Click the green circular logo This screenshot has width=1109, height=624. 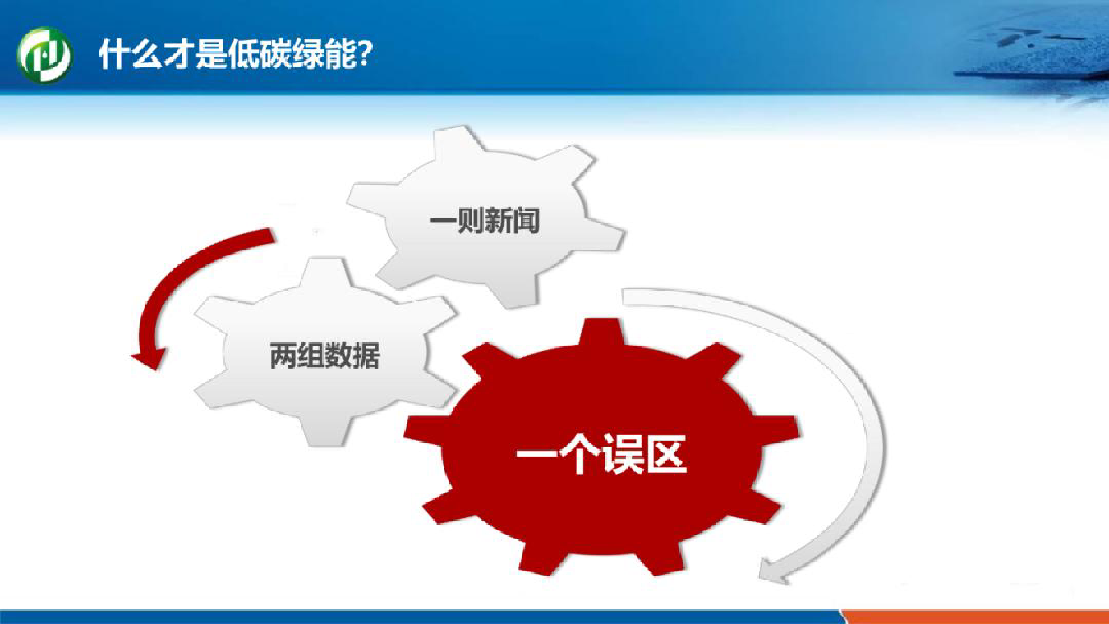(44, 54)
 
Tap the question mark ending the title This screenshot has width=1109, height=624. (363, 53)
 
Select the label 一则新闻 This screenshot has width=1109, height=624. (485, 221)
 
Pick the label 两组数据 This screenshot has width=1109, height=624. (324, 356)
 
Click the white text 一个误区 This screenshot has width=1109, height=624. (601, 455)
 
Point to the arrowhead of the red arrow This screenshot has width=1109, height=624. (150, 358)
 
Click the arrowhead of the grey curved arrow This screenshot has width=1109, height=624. (775, 571)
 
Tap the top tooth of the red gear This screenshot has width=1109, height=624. (601, 332)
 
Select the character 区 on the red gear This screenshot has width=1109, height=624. (666, 455)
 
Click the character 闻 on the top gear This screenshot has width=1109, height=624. (527, 221)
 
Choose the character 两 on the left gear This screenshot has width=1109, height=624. (283, 356)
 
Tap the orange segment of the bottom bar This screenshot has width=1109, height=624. (975, 617)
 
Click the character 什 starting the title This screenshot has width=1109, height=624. (113, 54)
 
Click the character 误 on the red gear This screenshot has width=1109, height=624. (623, 455)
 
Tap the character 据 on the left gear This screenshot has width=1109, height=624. (366, 356)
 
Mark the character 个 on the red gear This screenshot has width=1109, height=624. (579, 455)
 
